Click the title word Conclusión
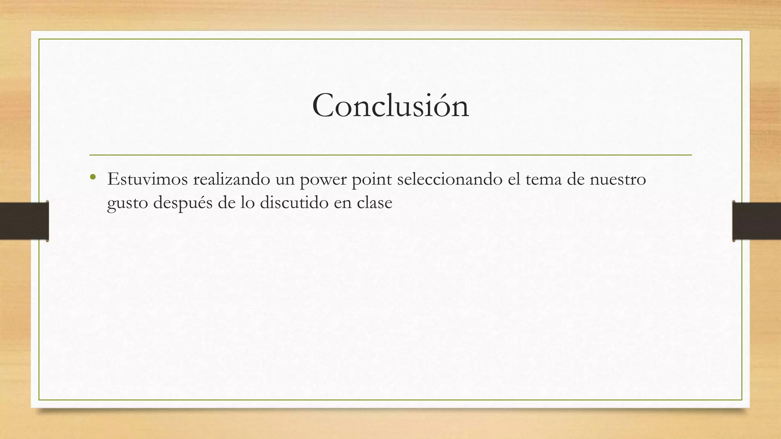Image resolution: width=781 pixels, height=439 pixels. [x=390, y=106]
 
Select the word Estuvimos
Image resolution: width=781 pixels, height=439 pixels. [x=148, y=179]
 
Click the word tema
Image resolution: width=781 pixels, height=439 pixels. [x=543, y=179]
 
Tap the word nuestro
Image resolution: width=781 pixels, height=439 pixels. [x=618, y=179]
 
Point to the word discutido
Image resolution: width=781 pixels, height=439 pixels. [x=294, y=202]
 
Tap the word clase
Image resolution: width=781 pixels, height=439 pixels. [x=374, y=202]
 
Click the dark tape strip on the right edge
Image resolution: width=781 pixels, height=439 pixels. [x=757, y=221]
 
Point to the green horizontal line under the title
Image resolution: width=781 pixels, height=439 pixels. [x=390, y=155]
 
